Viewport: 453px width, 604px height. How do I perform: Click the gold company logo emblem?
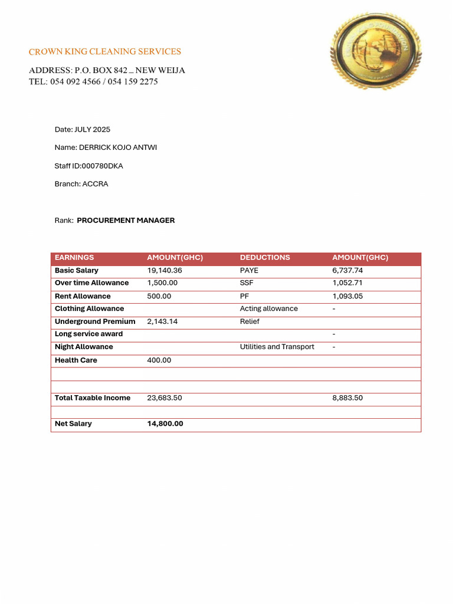pos(376,51)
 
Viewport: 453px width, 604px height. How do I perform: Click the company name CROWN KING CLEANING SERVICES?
pos(105,52)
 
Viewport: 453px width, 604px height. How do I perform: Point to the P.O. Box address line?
pos(107,70)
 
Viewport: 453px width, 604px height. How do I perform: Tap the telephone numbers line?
pos(93,81)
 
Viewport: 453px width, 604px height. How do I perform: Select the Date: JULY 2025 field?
pos(83,129)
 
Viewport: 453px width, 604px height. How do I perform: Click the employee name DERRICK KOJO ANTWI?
pos(106,147)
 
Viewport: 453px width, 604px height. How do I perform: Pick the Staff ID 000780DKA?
pos(89,166)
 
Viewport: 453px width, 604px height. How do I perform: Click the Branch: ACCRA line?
pos(81,184)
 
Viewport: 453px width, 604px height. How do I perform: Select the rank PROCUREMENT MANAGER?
pos(126,220)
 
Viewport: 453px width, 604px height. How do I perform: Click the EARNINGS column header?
pos(74,258)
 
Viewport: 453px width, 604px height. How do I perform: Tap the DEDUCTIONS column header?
pos(265,258)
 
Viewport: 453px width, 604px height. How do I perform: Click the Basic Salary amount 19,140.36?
pos(165,271)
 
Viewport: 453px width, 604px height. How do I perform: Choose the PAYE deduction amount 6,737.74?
pos(347,271)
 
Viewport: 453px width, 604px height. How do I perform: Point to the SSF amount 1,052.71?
pos(347,283)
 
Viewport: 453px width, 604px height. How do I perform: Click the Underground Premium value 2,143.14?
pos(162,321)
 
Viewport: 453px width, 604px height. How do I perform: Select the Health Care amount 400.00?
pos(159,360)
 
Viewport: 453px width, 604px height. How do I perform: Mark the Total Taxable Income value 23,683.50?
pos(165,398)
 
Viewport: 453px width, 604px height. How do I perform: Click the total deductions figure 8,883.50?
pos(347,398)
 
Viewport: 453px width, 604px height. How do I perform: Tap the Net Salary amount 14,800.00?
pos(165,424)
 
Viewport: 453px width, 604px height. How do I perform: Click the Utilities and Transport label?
pos(277,347)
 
